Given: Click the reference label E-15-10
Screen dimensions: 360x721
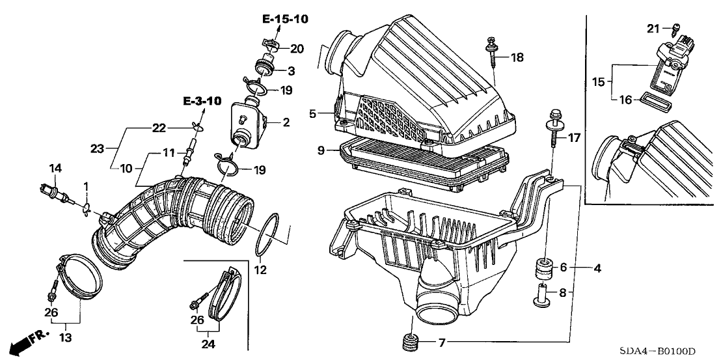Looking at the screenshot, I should point(285,19).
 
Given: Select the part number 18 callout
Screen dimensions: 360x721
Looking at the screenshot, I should point(517,58).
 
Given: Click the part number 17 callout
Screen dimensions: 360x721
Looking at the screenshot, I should point(573,138).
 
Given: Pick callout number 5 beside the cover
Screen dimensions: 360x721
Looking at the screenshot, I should point(312,113).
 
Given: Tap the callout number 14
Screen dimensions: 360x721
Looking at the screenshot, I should point(56,168).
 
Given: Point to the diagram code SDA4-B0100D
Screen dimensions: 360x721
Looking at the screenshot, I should point(672,350).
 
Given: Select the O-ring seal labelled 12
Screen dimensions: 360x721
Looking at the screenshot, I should point(269,234).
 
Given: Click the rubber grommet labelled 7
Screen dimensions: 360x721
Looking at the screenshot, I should point(410,342).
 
